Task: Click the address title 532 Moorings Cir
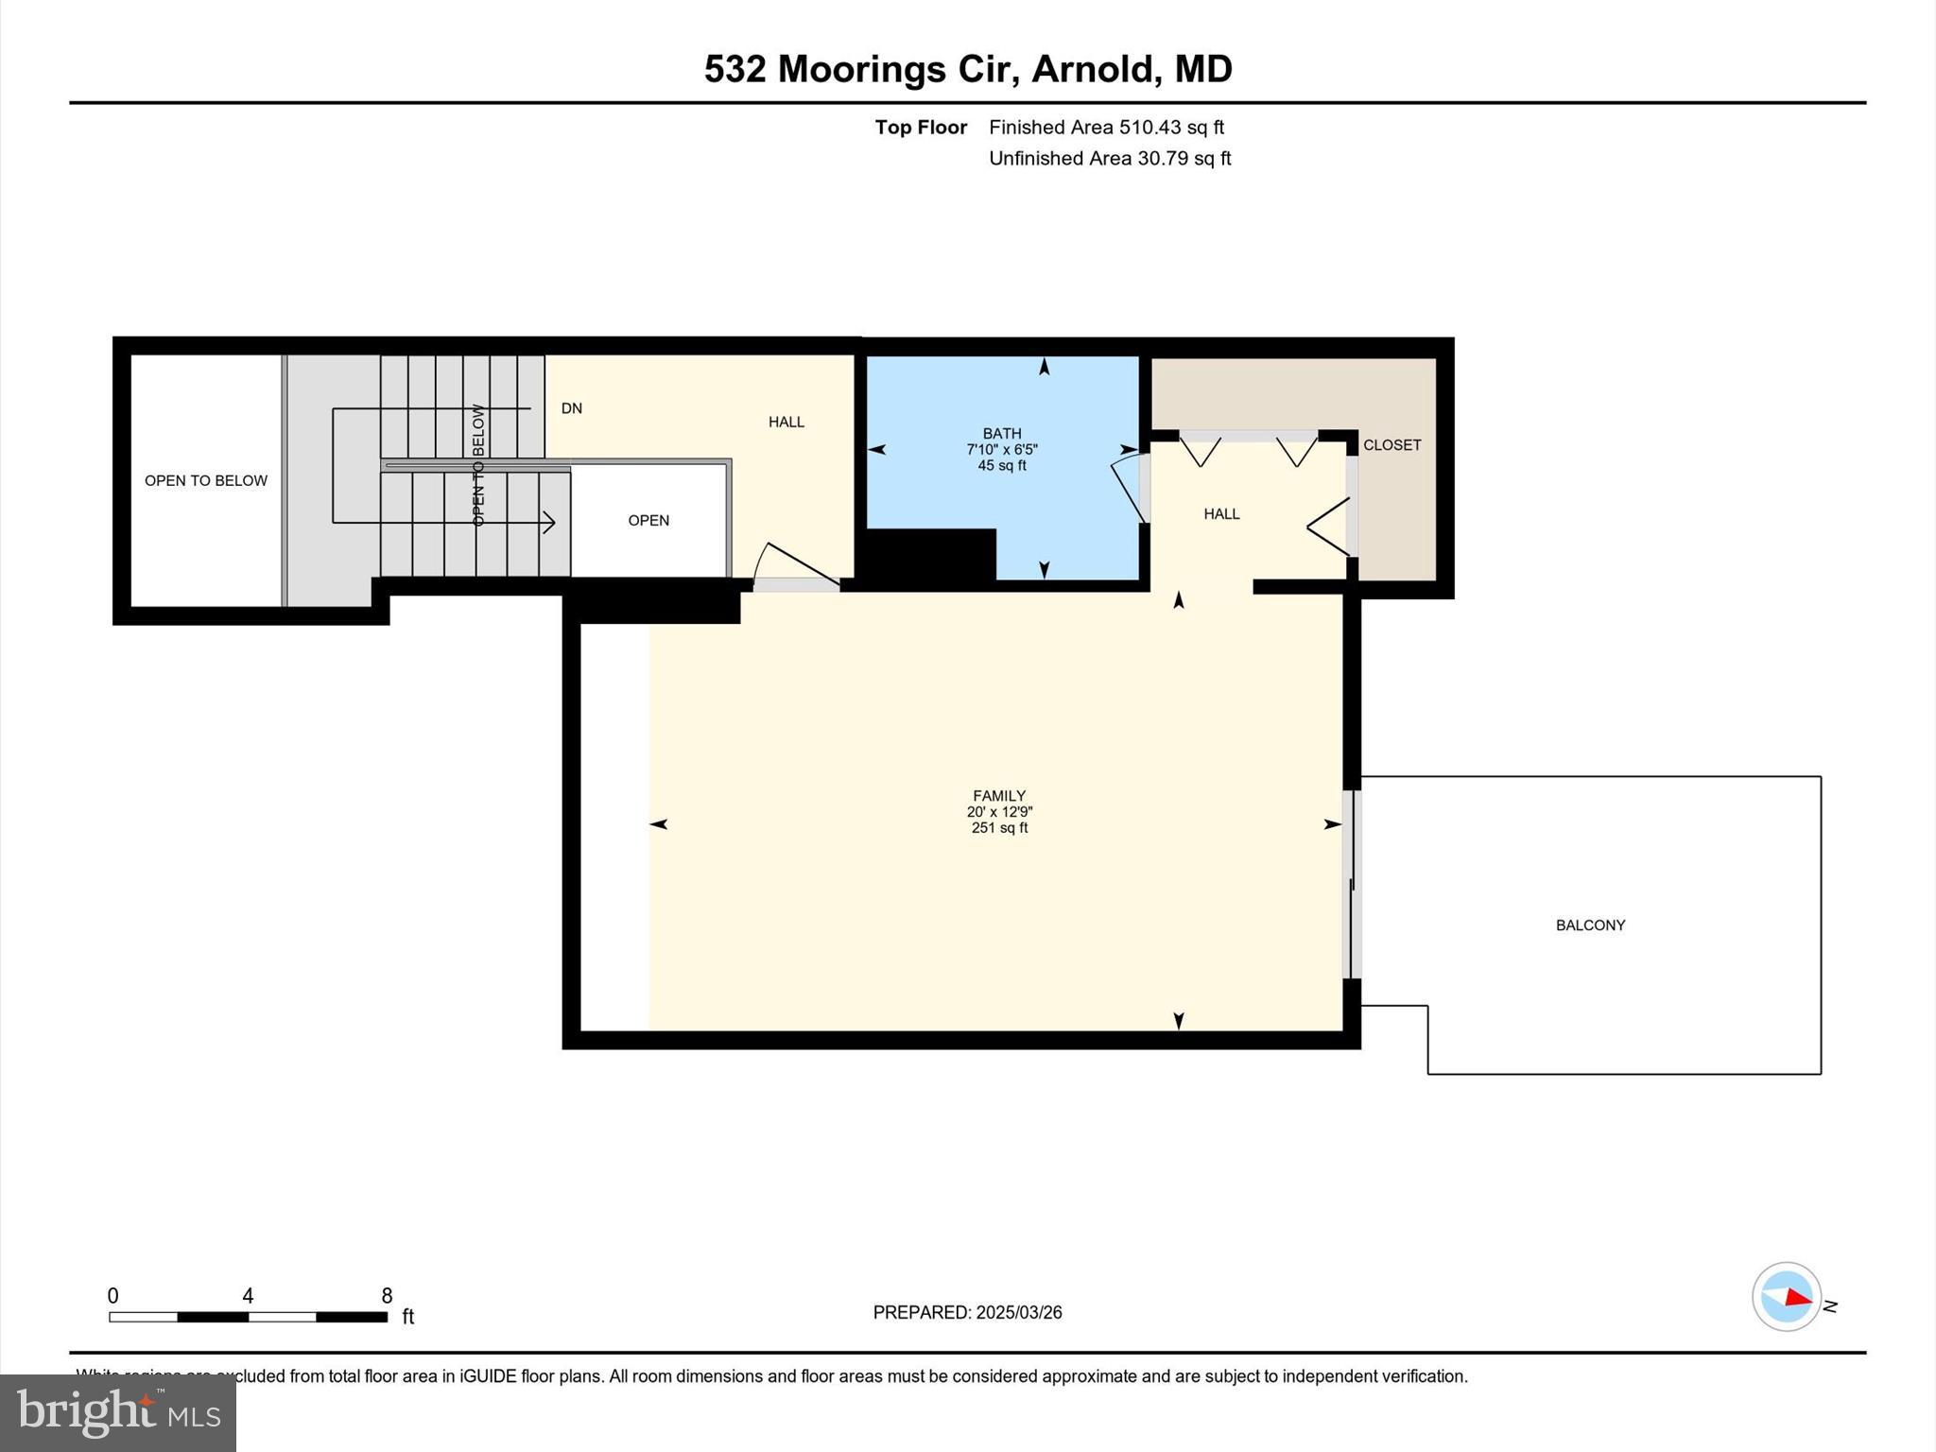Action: click(x=967, y=69)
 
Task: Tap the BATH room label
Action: click(x=1001, y=434)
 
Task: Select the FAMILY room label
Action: click(x=999, y=796)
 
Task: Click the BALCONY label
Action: click(x=1590, y=925)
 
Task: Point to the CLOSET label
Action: click(x=1391, y=445)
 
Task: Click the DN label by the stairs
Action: click(x=571, y=408)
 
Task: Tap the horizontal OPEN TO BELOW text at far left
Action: click(x=205, y=481)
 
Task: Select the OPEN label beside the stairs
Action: click(x=648, y=521)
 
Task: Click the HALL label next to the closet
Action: click(x=1221, y=514)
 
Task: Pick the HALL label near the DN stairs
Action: click(x=786, y=423)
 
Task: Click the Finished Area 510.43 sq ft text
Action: click(x=1106, y=128)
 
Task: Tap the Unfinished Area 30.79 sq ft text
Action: click(x=1109, y=159)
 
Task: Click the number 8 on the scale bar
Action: click(x=387, y=1296)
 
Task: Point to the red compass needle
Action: click(x=1797, y=1298)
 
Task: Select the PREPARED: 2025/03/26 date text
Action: click(x=967, y=1312)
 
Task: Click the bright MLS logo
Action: click(x=118, y=1412)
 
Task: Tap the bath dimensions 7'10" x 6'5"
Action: click(x=1001, y=450)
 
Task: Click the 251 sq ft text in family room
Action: click(x=999, y=828)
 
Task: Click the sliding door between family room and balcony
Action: click(x=1353, y=884)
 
